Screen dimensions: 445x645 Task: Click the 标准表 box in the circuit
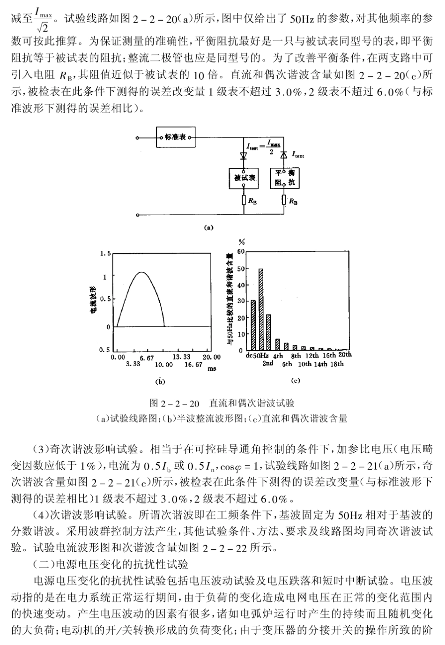[x=175, y=138]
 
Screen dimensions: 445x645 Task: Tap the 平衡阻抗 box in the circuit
[x=284, y=178]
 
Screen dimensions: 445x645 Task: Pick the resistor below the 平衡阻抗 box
[x=284, y=201]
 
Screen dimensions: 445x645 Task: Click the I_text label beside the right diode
[x=297, y=154]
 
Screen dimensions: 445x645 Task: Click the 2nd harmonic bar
[x=268, y=332]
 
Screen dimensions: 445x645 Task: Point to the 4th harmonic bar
[x=277, y=345]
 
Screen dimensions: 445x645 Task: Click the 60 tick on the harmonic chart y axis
[x=241, y=252]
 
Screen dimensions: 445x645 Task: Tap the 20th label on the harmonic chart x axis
[x=345, y=355]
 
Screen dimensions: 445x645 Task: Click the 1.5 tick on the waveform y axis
[x=106, y=254]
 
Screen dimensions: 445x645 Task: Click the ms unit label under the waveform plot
[x=212, y=369]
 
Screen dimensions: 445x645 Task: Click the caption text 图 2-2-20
[x=174, y=403]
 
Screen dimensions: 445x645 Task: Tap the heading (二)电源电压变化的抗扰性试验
[x=110, y=564]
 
